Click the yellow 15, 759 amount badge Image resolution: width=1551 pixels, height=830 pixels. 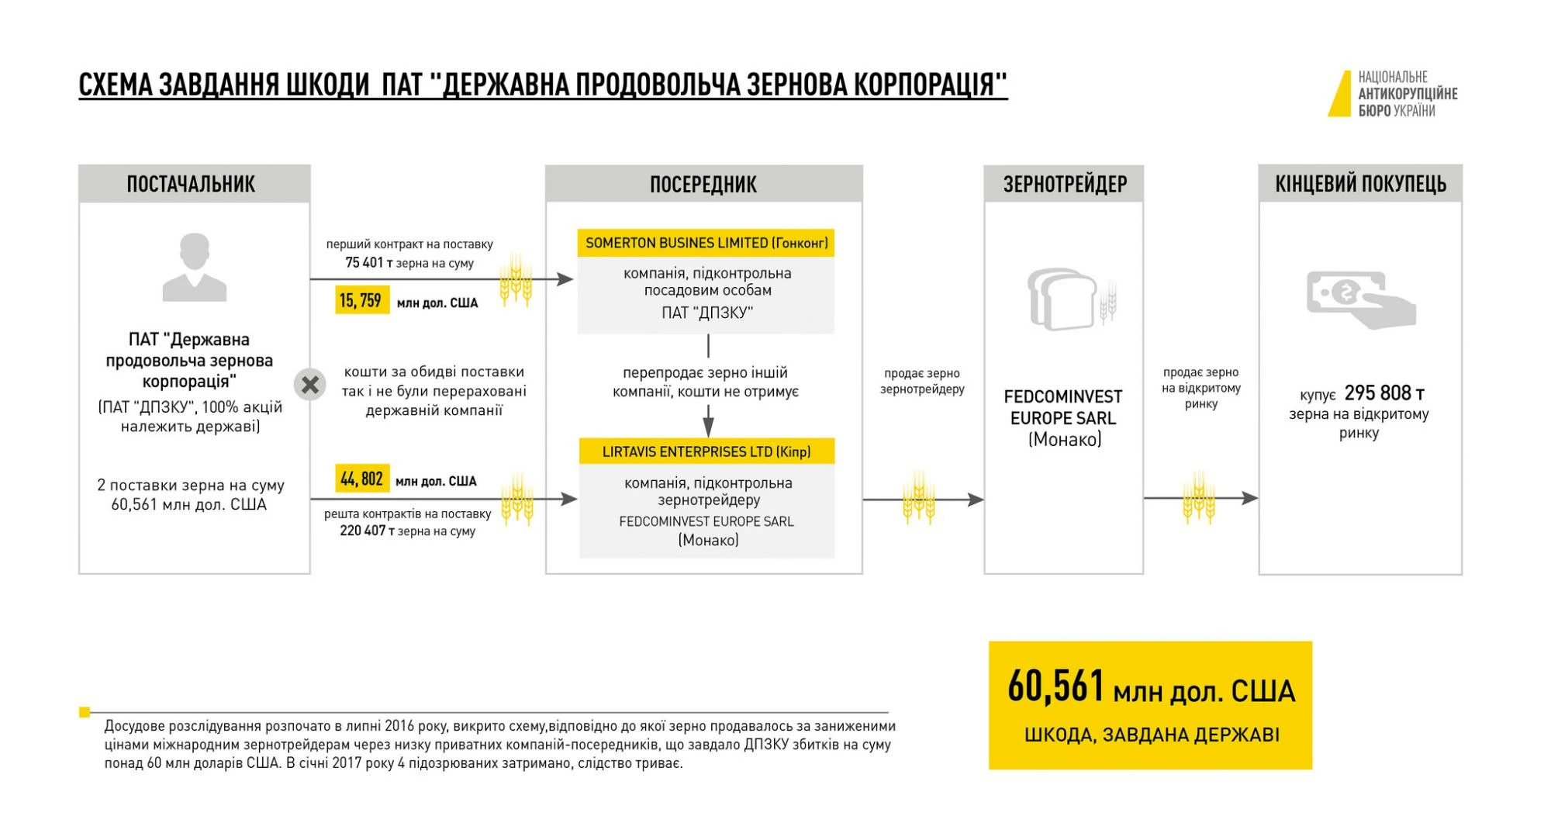click(360, 300)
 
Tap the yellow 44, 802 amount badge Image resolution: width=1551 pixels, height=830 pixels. click(362, 479)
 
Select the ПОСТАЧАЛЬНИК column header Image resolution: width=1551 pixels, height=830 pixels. click(191, 184)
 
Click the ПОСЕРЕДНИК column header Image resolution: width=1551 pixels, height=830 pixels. click(703, 184)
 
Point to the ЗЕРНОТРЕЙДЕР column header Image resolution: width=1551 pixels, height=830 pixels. click(1064, 184)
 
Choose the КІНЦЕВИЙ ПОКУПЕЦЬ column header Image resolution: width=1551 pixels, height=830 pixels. click(1360, 184)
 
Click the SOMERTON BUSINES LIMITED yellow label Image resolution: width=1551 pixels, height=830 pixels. click(706, 243)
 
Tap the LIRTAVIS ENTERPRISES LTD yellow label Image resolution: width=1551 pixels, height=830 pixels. click(706, 451)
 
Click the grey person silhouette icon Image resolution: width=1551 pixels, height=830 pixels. click(194, 268)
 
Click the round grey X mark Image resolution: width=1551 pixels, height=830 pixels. click(309, 385)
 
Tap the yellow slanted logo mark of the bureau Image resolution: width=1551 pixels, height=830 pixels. click(1340, 94)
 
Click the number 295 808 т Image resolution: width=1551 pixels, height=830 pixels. click(1384, 393)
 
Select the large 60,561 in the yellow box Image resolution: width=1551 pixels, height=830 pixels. click(1055, 686)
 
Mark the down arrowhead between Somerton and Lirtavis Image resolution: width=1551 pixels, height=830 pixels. click(708, 427)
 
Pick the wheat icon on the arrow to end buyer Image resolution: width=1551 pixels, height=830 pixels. click(1198, 498)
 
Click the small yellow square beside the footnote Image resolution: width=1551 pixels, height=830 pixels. click(85, 712)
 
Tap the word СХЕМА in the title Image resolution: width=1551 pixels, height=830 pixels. click(116, 85)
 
